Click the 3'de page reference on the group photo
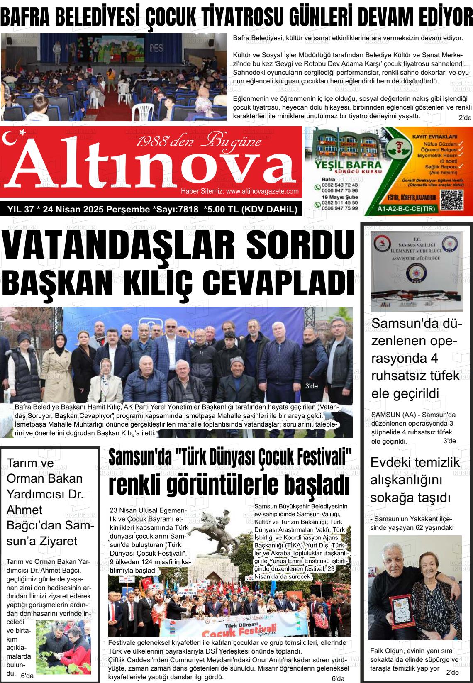(x=311, y=386)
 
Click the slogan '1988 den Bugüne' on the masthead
(x=198, y=142)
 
